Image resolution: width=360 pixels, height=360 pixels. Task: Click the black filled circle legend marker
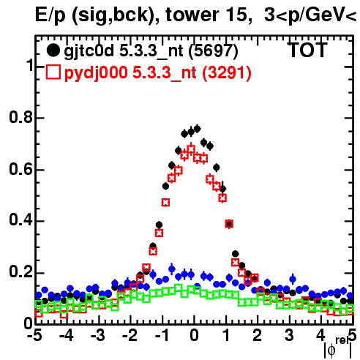pyautogui.click(x=53, y=50)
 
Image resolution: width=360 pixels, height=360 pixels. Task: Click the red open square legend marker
pyautogui.click(x=53, y=72)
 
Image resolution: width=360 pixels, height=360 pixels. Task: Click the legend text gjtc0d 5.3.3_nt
pyautogui.click(x=124, y=52)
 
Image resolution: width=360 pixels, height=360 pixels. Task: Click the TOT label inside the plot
pyautogui.click(x=307, y=50)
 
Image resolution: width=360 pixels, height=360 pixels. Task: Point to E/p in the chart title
pyautogui.click(x=50, y=15)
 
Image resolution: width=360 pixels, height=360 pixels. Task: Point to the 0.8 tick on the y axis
pyautogui.click(x=21, y=117)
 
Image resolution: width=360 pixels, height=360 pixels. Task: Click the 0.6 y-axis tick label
pyautogui.click(x=21, y=169)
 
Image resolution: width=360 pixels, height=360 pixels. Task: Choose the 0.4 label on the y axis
pyautogui.click(x=21, y=220)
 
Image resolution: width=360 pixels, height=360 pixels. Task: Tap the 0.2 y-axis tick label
pyautogui.click(x=21, y=272)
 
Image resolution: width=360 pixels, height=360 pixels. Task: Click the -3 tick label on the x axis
pyautogui.click(x=98, y=336)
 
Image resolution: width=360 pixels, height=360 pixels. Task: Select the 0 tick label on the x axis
pyautogui.click(x=194, y=336)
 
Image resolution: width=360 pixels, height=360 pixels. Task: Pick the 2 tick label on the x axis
pyautogui.click(x=258, y=336)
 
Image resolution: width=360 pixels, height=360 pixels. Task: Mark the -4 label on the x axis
pyautogui.click(x=67, y=336)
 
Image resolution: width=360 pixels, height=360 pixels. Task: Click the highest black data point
pyautogui.click(x=197, y=129)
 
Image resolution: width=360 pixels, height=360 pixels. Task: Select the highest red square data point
pyautogui.click(x=191, y=149)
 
